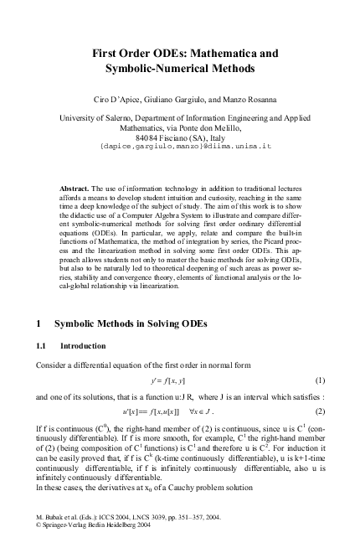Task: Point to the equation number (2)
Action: [x=319, y=411]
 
